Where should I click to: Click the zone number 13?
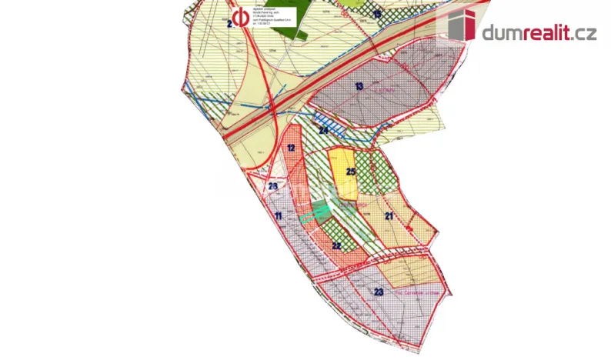[x=359, y=87]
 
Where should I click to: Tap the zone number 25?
[x=350, y=172]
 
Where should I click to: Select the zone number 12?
[x=292, y=147]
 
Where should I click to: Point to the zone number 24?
[x=324, y=131]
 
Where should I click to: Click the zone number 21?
[x=389, y=217]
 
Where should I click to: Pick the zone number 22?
[x=336, y=245]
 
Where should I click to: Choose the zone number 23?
[x=379, y=292]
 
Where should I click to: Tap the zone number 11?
[x=278, y=217]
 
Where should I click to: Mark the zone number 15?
[x=376, y=14]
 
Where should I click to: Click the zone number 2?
[x=229, y=24]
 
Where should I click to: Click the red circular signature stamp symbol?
[x=241, y=17]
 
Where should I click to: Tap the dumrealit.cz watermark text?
[x=539, y=32]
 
